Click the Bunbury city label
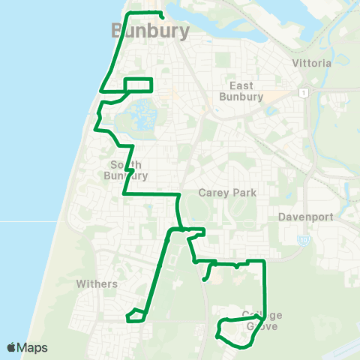(148, 31)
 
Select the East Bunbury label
(241, 91)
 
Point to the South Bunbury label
(128, 169)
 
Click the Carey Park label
(227, 193)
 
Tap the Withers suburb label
(97, 284)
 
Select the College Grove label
(262, 320)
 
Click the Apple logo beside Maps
(11, 347)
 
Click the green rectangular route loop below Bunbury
(138, 85)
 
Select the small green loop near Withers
(134, 316)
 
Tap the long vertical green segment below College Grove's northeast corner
(265, 289)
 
